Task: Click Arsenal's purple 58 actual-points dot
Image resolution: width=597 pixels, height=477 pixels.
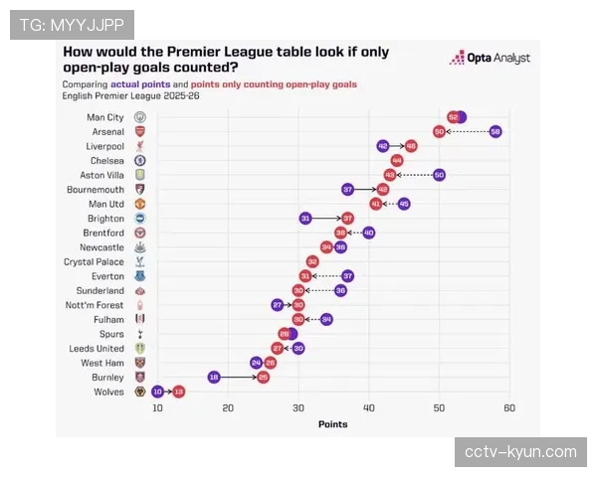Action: (x=496, y=131)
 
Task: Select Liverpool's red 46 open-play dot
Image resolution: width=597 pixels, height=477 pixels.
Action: (x=411, y=145)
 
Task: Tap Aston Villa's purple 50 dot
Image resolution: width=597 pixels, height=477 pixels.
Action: (x=439, y=174)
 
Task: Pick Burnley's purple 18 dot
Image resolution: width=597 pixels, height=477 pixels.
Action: (x=214, y=378)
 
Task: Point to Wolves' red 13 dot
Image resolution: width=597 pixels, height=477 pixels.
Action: (x=178, y=393)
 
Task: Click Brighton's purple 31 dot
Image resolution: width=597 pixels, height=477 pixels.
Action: (x=305, y=218)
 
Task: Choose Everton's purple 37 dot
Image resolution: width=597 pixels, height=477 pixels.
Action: (x=347, y=275)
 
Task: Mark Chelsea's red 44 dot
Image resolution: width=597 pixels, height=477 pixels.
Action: (x=397, y=160)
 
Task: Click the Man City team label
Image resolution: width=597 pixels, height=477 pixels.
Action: (x=105, y=116)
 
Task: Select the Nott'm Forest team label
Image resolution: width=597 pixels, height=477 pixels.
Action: (x=95, y=305)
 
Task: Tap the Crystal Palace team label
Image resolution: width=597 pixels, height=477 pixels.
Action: (x=94, y=261)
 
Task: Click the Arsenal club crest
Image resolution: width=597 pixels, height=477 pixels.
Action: (x=139, y=131)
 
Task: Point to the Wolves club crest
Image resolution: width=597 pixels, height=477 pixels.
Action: (x=139, y=393)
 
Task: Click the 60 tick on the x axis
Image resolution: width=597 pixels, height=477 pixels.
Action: (x=509, y=408)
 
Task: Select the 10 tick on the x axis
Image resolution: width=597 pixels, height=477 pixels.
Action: (x=157, y=408)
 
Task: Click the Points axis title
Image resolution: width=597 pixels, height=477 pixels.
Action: (x=332, y=424)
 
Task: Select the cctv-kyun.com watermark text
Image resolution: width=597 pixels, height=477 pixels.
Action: (x=520, y=452)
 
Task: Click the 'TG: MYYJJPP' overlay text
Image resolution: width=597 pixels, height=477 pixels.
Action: (x=71, y=24)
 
